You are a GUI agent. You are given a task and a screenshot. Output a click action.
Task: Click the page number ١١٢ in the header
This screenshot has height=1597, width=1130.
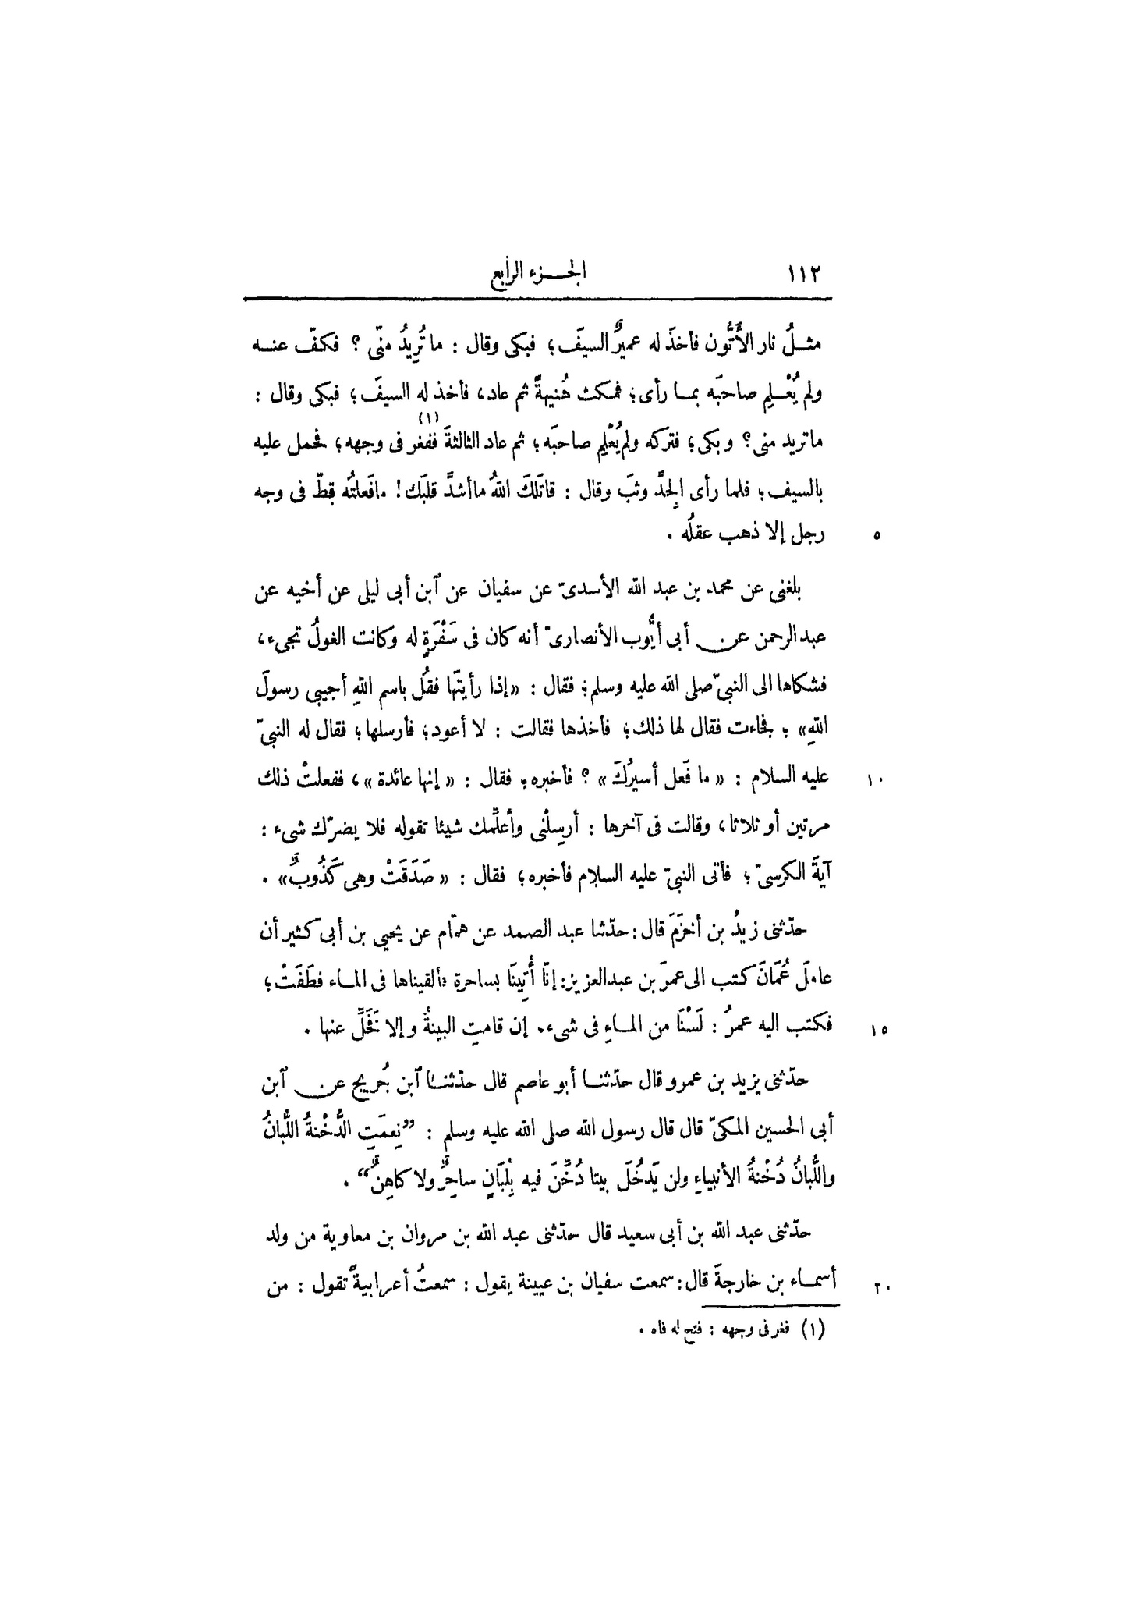pos(806,275)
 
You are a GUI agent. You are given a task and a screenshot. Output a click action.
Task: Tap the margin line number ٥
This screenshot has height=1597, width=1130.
pos(877,537)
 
